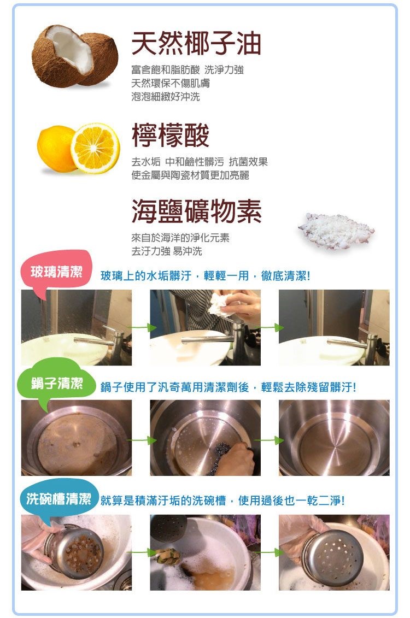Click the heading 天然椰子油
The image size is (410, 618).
coord(196,43)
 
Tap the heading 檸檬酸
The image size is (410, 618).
coord(171,135)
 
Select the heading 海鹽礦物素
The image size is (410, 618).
coord(196,211)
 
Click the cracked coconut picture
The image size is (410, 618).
coord(74,55)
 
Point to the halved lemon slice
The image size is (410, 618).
coord(95,148)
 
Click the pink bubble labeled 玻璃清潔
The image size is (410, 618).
coord(56,272)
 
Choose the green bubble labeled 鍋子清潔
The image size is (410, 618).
coord(57,382)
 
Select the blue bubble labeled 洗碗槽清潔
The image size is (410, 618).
coord(58,498)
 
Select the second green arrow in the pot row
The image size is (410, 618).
coord(270,440)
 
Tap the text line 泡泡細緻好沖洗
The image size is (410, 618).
coord(166,97)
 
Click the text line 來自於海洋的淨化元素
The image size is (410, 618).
coord(180,238)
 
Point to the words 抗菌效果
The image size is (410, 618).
coord(248,162)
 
